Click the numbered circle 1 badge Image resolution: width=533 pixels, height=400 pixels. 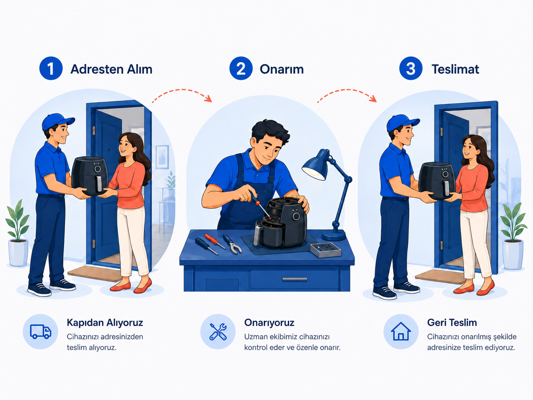(51, 68)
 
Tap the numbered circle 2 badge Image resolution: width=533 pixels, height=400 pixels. (241, 68)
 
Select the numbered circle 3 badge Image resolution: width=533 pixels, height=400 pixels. (411, 68)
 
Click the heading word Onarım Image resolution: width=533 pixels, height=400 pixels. (282, 69)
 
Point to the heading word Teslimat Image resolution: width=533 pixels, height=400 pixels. (455, 69)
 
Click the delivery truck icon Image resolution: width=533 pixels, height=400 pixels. (40, 331)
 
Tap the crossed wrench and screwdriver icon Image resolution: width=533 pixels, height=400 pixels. (218, 331)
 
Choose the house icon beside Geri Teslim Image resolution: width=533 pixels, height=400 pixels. (400, 331)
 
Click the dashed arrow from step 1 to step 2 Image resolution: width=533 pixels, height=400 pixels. (182, 90)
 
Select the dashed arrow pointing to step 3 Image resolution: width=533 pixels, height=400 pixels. (347, 90)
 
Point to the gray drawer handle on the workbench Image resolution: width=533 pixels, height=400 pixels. (294, 279)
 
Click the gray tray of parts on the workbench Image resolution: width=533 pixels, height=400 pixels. (325, 250)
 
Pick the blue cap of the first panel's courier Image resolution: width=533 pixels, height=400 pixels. (58, 122)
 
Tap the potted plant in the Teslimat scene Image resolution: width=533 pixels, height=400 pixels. (513, 236)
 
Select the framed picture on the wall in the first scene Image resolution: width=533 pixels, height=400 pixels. (162, 157)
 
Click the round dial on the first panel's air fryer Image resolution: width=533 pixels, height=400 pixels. (98, 169)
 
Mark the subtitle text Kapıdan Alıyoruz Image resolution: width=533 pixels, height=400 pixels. (105, 323)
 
